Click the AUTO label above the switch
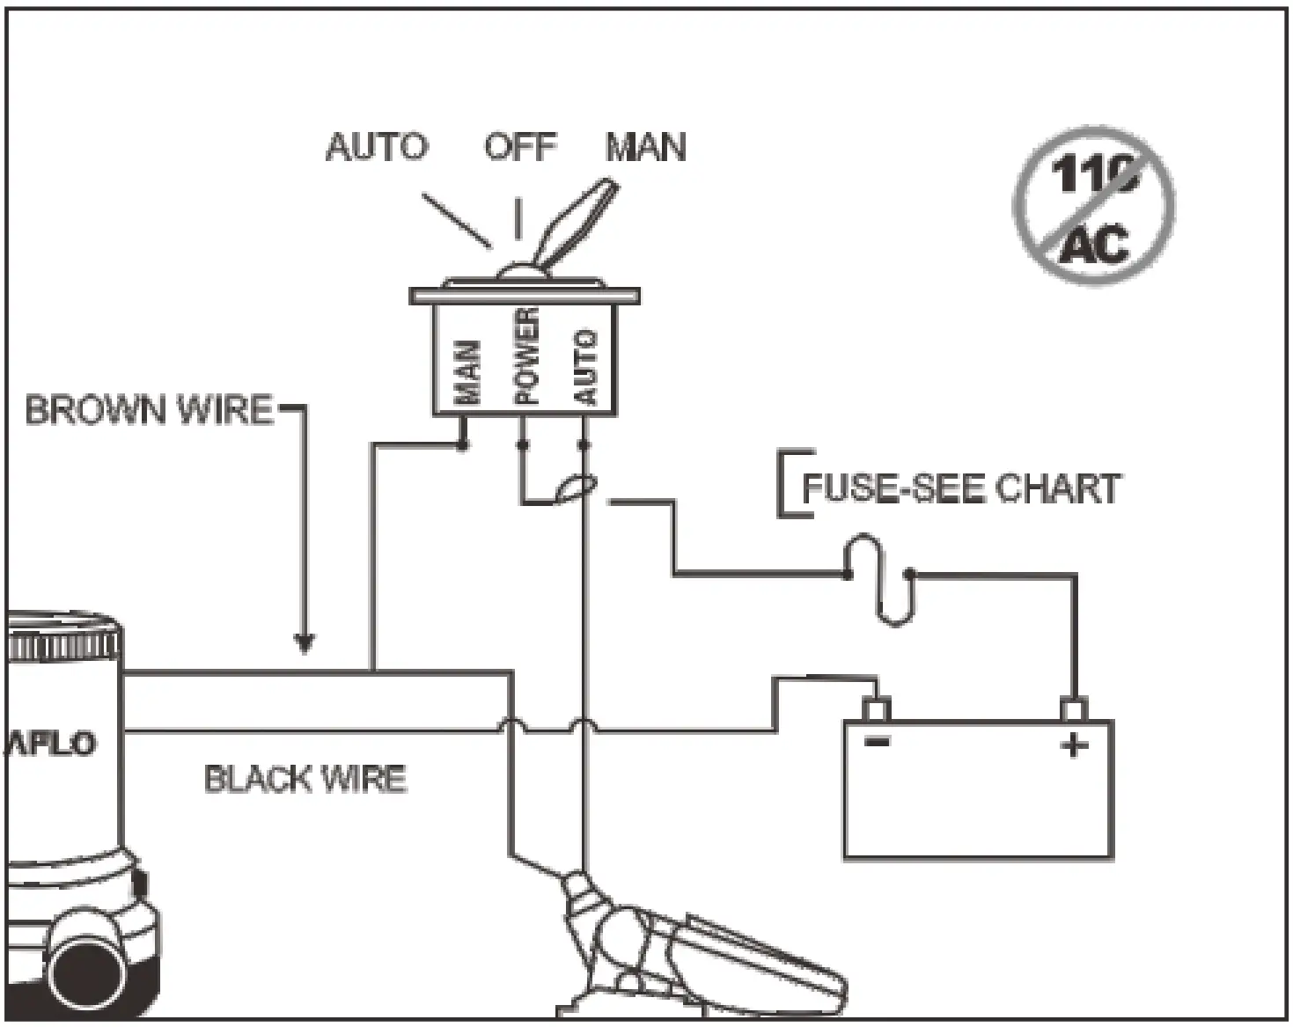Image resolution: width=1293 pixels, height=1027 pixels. (x=377, y=146)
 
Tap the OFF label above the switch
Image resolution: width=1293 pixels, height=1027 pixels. (x=520, y=146)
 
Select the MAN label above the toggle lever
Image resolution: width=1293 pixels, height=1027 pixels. (x=646, y=146)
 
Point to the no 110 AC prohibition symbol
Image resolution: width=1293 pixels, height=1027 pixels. (x=1094, y=205)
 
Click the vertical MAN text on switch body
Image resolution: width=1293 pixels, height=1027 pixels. (x=469, y=372)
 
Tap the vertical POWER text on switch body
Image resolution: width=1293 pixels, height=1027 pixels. (x=526, y=356)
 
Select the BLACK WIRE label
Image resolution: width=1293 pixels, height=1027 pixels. (x=305, y=779)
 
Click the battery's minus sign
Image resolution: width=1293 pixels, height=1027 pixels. (x=877, y=741)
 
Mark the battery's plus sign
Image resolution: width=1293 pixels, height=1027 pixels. (x=1074, y=745)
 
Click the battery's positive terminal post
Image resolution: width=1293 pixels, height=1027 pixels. (x=1073, y=708)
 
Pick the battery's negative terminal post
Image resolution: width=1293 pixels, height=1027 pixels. (x=876, y=708)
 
